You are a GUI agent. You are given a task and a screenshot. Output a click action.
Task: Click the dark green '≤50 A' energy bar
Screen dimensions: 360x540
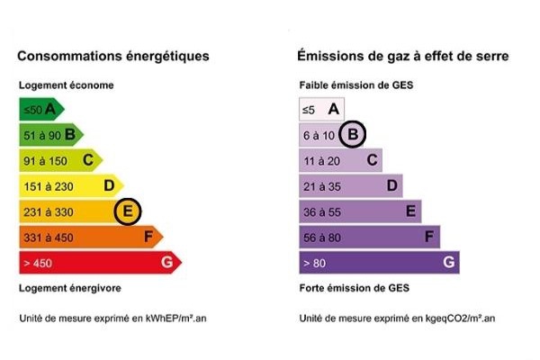[x=40, y=110]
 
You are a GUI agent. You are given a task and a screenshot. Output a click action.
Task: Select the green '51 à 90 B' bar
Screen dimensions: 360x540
[x=49, y=135]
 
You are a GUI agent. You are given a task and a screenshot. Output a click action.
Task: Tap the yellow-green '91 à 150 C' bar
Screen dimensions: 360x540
[x=58, y=160]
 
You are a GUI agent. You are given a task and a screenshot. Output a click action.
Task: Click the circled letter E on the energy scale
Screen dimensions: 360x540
[x=129, y=211]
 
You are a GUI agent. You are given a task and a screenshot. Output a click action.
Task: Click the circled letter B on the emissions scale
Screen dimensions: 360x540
[x=354, y=135]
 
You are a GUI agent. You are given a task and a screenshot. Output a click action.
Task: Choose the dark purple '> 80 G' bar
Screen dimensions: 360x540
[x=378, y=263]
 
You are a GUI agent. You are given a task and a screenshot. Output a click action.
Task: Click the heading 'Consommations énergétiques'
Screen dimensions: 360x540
[x=113, y=56]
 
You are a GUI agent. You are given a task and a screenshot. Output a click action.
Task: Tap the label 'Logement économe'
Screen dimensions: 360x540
[x=67, y=85]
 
